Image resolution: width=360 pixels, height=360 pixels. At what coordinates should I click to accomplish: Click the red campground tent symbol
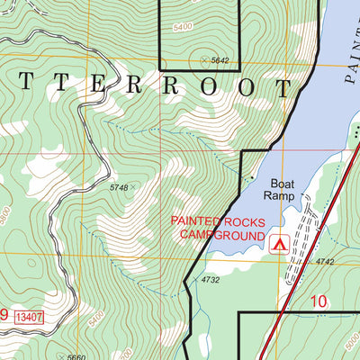click(278, 242)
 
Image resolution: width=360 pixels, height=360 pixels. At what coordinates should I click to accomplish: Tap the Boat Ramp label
click(278, 186)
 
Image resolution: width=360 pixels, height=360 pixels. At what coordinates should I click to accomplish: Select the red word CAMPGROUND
click(221, 236)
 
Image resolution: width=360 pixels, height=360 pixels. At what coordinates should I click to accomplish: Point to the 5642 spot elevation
click(220, 61)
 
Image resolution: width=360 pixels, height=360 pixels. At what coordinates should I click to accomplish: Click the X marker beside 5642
click(204, 60)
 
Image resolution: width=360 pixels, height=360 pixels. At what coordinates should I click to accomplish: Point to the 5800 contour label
click(8, 216)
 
